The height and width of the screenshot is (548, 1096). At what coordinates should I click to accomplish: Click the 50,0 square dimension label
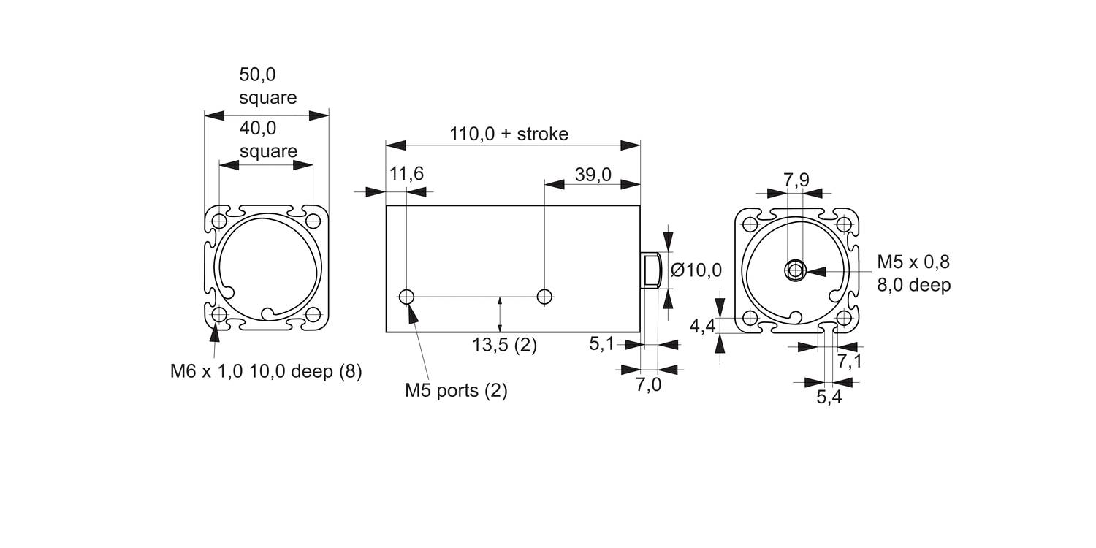267,86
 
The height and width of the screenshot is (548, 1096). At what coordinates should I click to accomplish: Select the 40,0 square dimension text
267,140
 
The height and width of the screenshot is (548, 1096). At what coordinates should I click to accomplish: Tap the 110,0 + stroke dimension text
509,134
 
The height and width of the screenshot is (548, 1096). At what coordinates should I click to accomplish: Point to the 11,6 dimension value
406,174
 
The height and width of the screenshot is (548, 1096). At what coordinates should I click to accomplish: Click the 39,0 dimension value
593,174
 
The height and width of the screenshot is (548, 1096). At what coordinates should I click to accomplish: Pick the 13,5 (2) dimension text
504,346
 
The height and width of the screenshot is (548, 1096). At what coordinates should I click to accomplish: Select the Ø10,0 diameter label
696,270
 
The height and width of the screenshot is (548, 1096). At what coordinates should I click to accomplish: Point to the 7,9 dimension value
796,179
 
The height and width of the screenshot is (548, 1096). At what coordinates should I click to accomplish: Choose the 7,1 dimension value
850,361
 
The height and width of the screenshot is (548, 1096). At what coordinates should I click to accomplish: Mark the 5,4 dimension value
829,397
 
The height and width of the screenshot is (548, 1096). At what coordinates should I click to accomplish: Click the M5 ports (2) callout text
456,390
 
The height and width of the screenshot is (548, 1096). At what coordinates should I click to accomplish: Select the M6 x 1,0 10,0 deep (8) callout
266,371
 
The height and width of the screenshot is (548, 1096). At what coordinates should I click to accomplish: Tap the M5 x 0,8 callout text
913,262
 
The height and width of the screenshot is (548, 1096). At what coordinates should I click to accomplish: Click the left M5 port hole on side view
407,296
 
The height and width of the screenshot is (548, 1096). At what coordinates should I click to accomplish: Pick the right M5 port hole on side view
544,296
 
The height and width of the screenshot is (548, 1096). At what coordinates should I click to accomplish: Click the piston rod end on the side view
652,270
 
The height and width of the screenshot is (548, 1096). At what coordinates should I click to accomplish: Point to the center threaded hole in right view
795,270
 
